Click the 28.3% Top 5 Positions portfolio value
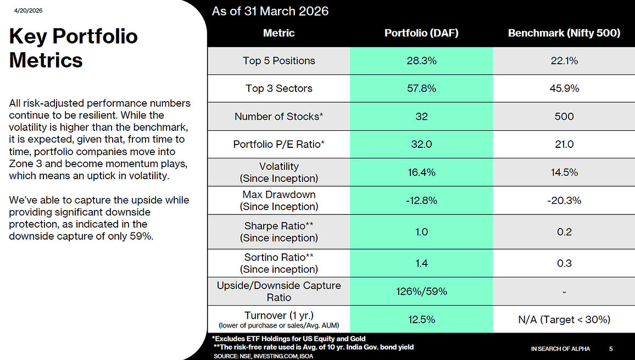point(421,61)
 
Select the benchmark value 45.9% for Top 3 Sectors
point(564,88)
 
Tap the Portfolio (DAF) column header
point(421,33)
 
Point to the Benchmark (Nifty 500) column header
point(564,33)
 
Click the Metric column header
point(278,33)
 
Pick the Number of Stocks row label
point(278,117)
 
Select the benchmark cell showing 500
point(564,117)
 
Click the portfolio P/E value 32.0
point(421,145)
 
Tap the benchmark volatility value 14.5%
point(564,172)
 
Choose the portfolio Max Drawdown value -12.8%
point(421,201)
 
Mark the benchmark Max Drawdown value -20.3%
point(564,201)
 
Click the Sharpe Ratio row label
point(278,232)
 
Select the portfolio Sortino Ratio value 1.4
point(421,263)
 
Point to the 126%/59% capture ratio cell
point(421,291)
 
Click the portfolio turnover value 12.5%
point(421,319)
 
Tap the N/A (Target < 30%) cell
point(564,319)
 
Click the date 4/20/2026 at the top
point(29,10)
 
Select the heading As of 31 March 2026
point(270,11)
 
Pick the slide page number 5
point(611,348)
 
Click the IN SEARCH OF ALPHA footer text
point(560,348)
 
